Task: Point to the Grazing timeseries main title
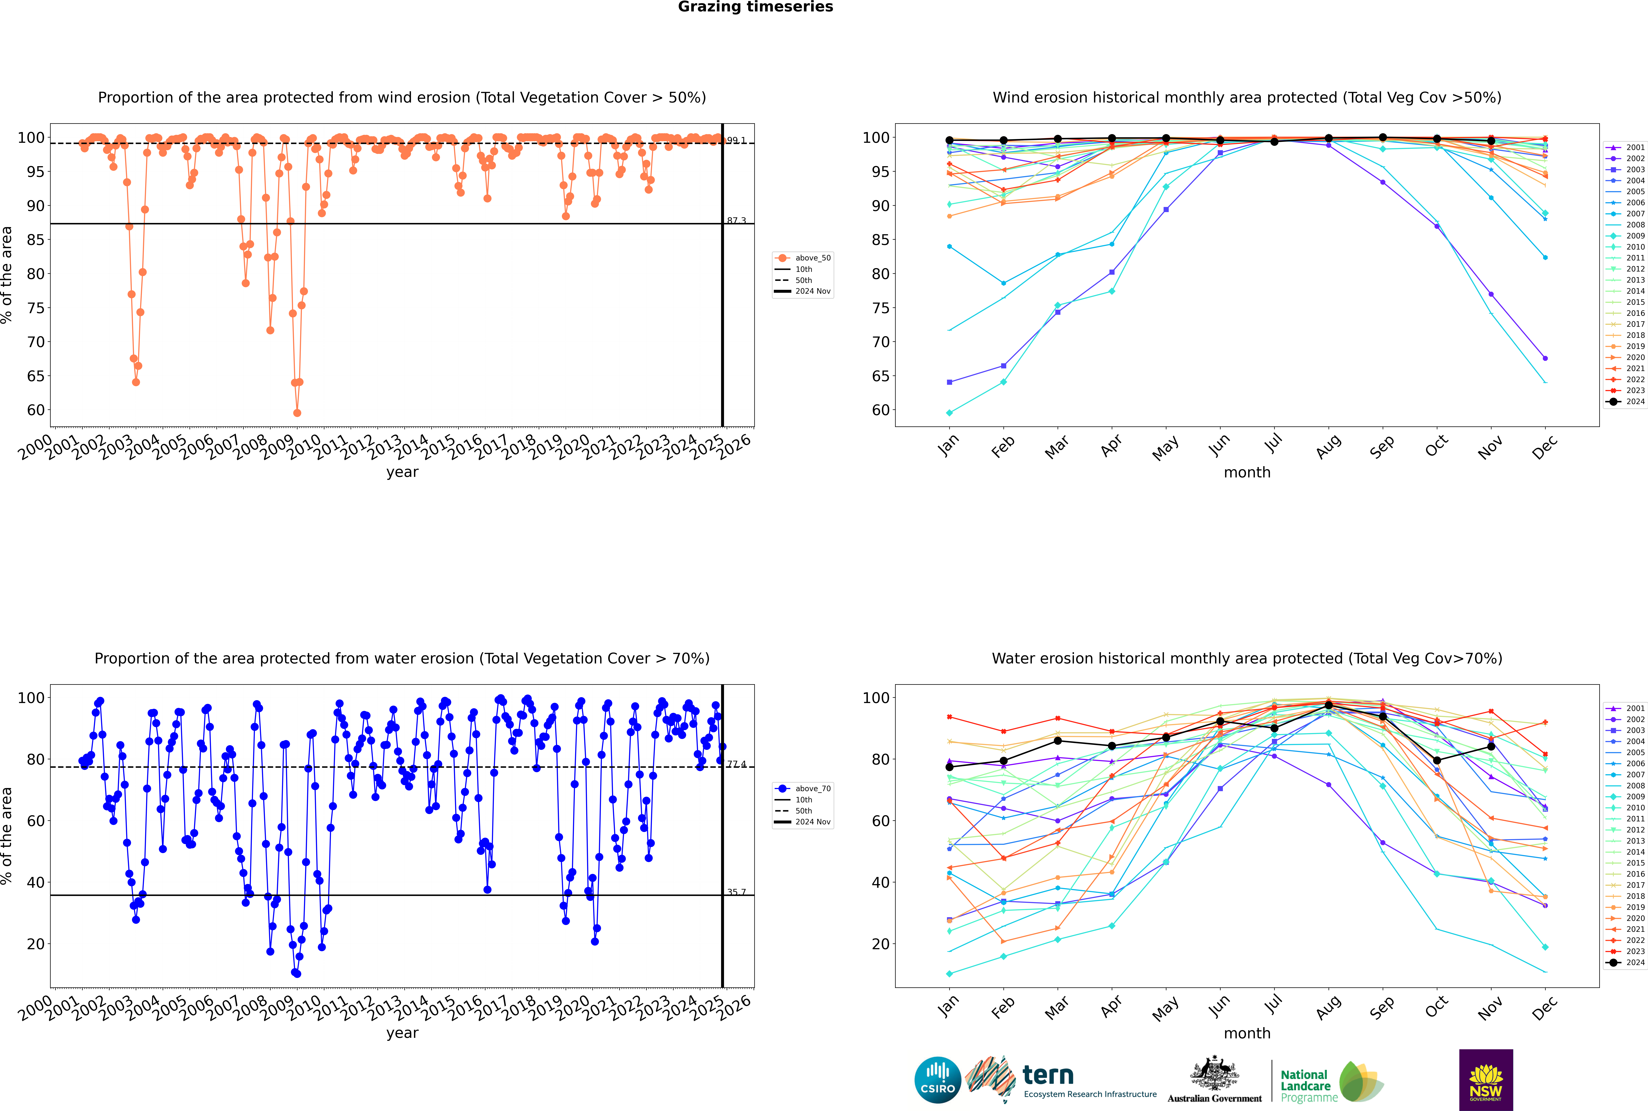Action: [755, 7]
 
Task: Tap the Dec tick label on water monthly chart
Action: [1545, 1008]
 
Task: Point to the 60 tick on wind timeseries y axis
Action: [35, 410]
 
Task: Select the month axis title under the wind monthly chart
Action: [1247, 473]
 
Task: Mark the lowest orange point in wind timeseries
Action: [297, 413]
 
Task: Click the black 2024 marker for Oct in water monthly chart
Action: [1437, 760]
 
